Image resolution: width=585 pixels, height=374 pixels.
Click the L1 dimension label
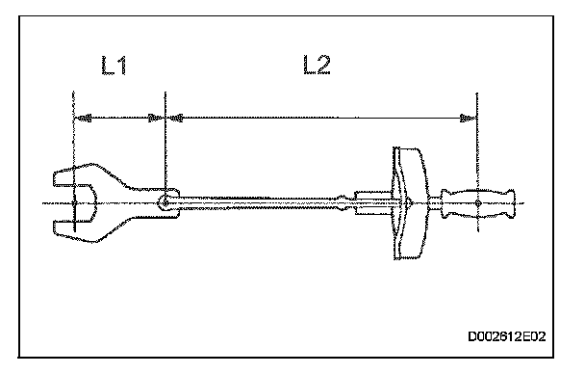[x=114, y=66]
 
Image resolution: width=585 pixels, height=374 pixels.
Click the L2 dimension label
[x=317, y=65]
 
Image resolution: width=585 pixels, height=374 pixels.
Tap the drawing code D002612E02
[x=507, y=336]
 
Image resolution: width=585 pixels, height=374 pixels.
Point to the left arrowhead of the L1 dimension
[x=83, y=119]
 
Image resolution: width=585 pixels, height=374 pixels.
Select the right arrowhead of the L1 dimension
[x=156, y=119]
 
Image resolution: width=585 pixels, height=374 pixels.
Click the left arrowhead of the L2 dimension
[x=174, y=119]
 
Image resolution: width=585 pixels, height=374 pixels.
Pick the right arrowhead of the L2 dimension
[x=468, y=119]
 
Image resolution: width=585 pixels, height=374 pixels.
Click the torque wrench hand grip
[x=477, y=203]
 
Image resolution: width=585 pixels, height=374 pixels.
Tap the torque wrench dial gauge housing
[x=410, y=202]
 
